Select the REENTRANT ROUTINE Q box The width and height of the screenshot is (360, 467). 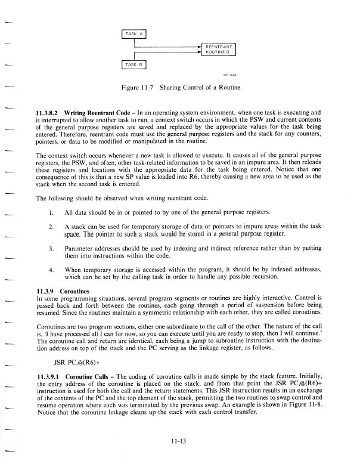[x=219, y=50]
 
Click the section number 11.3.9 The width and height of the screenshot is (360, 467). [x=46, y=290]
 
